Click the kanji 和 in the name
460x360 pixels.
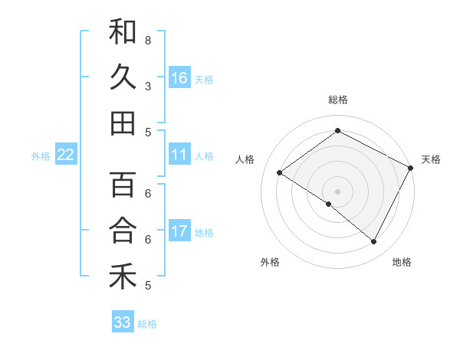coord(123,31)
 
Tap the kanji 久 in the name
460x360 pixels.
coord(123,77)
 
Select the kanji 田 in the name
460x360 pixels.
coord(123,123)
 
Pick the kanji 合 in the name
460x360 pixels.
coord(123,231)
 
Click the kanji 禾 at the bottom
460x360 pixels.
coord(123,277)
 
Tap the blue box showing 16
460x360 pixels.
coord(179,78)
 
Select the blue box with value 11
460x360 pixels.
coord(179,155)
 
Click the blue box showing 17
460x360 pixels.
coord(179,232)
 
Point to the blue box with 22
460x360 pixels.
coord(66,155)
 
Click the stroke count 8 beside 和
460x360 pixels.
coord(148,39)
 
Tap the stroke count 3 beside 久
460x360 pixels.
coord(148,85)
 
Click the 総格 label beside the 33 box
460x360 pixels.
coord(147,324)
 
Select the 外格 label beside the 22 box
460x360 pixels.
coord(41,156)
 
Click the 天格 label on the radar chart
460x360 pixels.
coord(431,159)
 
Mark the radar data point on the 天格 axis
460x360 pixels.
coord(411,168)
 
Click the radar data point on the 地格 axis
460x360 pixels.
coord(374,241)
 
